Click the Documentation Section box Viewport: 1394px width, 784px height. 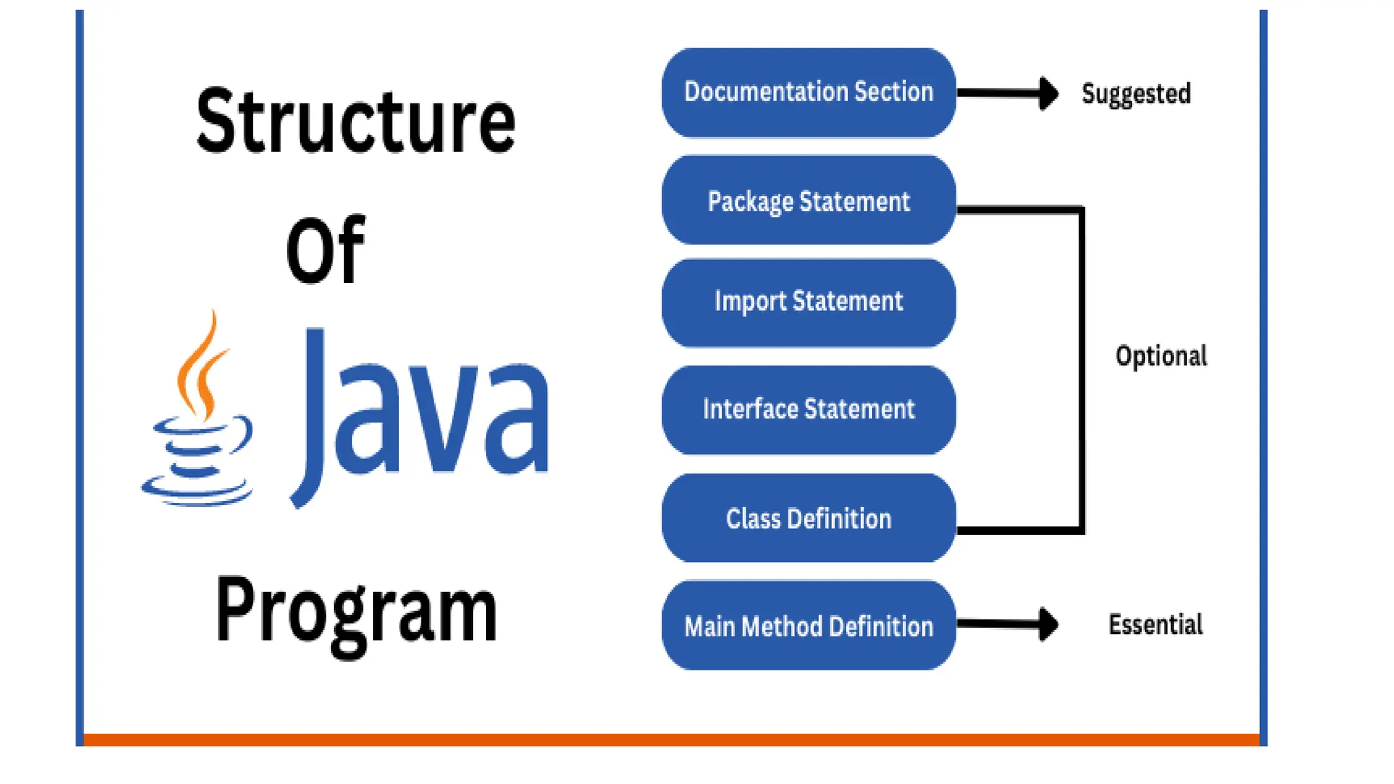(809, 93)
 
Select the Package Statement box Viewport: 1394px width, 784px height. (809, 201)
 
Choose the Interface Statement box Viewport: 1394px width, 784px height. (809, 410)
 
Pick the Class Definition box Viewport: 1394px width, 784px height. (809, 519)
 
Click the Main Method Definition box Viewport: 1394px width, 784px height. (809, 625)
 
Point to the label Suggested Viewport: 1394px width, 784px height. (1136, 94)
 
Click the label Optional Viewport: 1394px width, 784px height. (1161, 356)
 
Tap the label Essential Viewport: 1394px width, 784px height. (1155, 624)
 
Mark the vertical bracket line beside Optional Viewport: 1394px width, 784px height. (1082, 367)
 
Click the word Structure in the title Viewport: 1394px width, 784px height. (355, 122)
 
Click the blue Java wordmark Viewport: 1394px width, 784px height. (422, 415)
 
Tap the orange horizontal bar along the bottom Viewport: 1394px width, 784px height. (671, 740)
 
